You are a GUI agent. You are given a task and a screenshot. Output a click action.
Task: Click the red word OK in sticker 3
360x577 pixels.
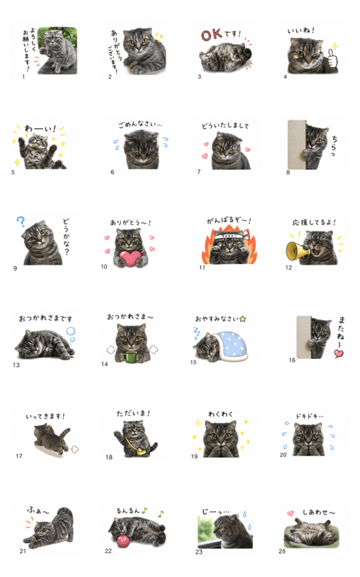211,35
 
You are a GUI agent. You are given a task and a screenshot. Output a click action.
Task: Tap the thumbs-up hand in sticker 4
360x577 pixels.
332,59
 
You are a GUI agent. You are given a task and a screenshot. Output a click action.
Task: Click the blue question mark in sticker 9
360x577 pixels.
21,221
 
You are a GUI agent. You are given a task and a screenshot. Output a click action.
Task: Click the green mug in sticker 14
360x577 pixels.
130,357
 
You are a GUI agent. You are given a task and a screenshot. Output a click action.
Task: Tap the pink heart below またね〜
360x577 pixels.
339,353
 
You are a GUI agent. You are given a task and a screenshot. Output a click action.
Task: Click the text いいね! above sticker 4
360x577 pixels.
301,31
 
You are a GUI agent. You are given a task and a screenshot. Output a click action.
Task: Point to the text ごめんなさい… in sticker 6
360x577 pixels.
140,124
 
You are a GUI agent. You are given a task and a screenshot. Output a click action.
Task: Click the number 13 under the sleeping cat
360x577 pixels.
16,365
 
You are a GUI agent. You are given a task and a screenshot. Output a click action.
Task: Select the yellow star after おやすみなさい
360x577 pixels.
242,319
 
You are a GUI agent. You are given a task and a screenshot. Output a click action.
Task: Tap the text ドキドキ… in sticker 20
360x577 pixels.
309,416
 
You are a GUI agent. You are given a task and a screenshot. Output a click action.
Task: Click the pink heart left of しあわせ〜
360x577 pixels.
291,513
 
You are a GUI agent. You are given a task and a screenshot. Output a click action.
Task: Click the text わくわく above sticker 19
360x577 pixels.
220,414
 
